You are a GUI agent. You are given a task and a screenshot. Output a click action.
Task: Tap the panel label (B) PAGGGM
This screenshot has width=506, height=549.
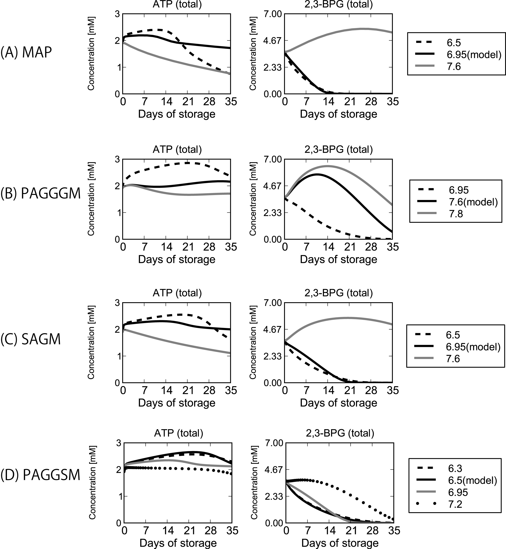[x=40, y=193]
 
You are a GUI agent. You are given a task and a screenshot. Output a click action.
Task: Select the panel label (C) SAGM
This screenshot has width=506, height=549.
[x=30, y=339]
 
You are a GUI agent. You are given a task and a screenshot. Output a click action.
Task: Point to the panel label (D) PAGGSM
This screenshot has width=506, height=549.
[x=40, y=475]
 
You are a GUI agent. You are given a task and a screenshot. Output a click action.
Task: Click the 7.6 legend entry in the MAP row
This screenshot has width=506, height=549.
[x=454, y=67]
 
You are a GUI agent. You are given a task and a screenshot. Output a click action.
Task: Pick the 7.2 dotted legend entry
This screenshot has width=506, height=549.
[x=455, y=504]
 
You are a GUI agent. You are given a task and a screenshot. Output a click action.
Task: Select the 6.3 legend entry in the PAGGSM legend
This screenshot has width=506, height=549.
[x=455, y=468]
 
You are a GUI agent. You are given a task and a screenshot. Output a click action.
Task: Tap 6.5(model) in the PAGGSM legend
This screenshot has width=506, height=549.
[x=470, y=480]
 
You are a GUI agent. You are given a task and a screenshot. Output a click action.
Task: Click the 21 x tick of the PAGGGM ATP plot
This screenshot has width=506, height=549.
[x=188, y=247]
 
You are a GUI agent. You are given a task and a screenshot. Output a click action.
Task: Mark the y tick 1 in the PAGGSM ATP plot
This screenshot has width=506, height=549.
[x=119, y=497]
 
